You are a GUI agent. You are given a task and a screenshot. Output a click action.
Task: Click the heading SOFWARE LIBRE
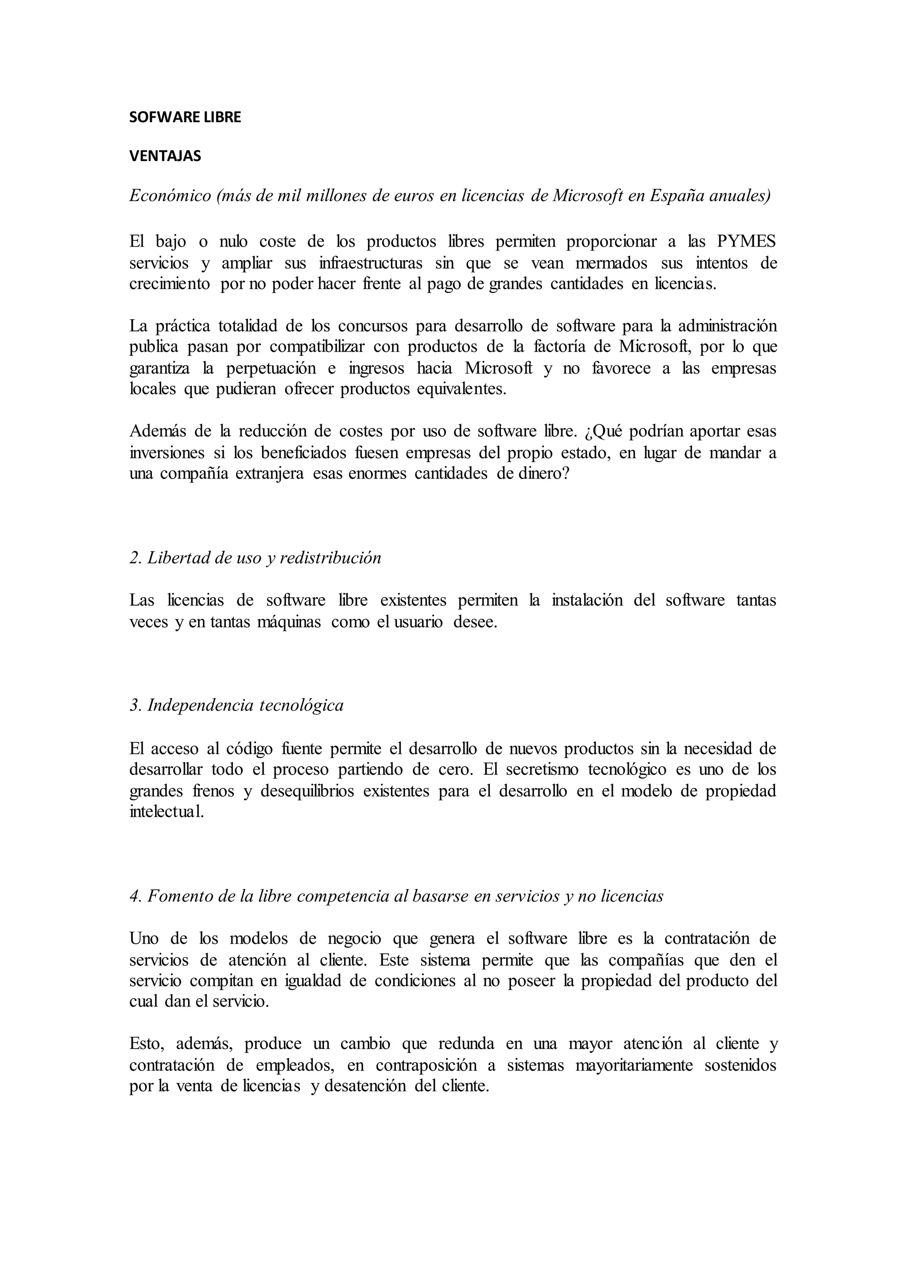point(185,117)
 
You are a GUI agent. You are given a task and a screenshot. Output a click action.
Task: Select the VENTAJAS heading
point(165,156)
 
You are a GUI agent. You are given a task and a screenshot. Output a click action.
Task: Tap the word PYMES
point(746,242)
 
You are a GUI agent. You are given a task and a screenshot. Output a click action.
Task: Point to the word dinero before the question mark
point(541,474)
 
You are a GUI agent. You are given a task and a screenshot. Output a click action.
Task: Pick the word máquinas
point(288,622)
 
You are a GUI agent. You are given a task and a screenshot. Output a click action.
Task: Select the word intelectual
point(167,812)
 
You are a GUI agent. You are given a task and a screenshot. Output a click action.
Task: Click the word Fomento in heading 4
point(179,896)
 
